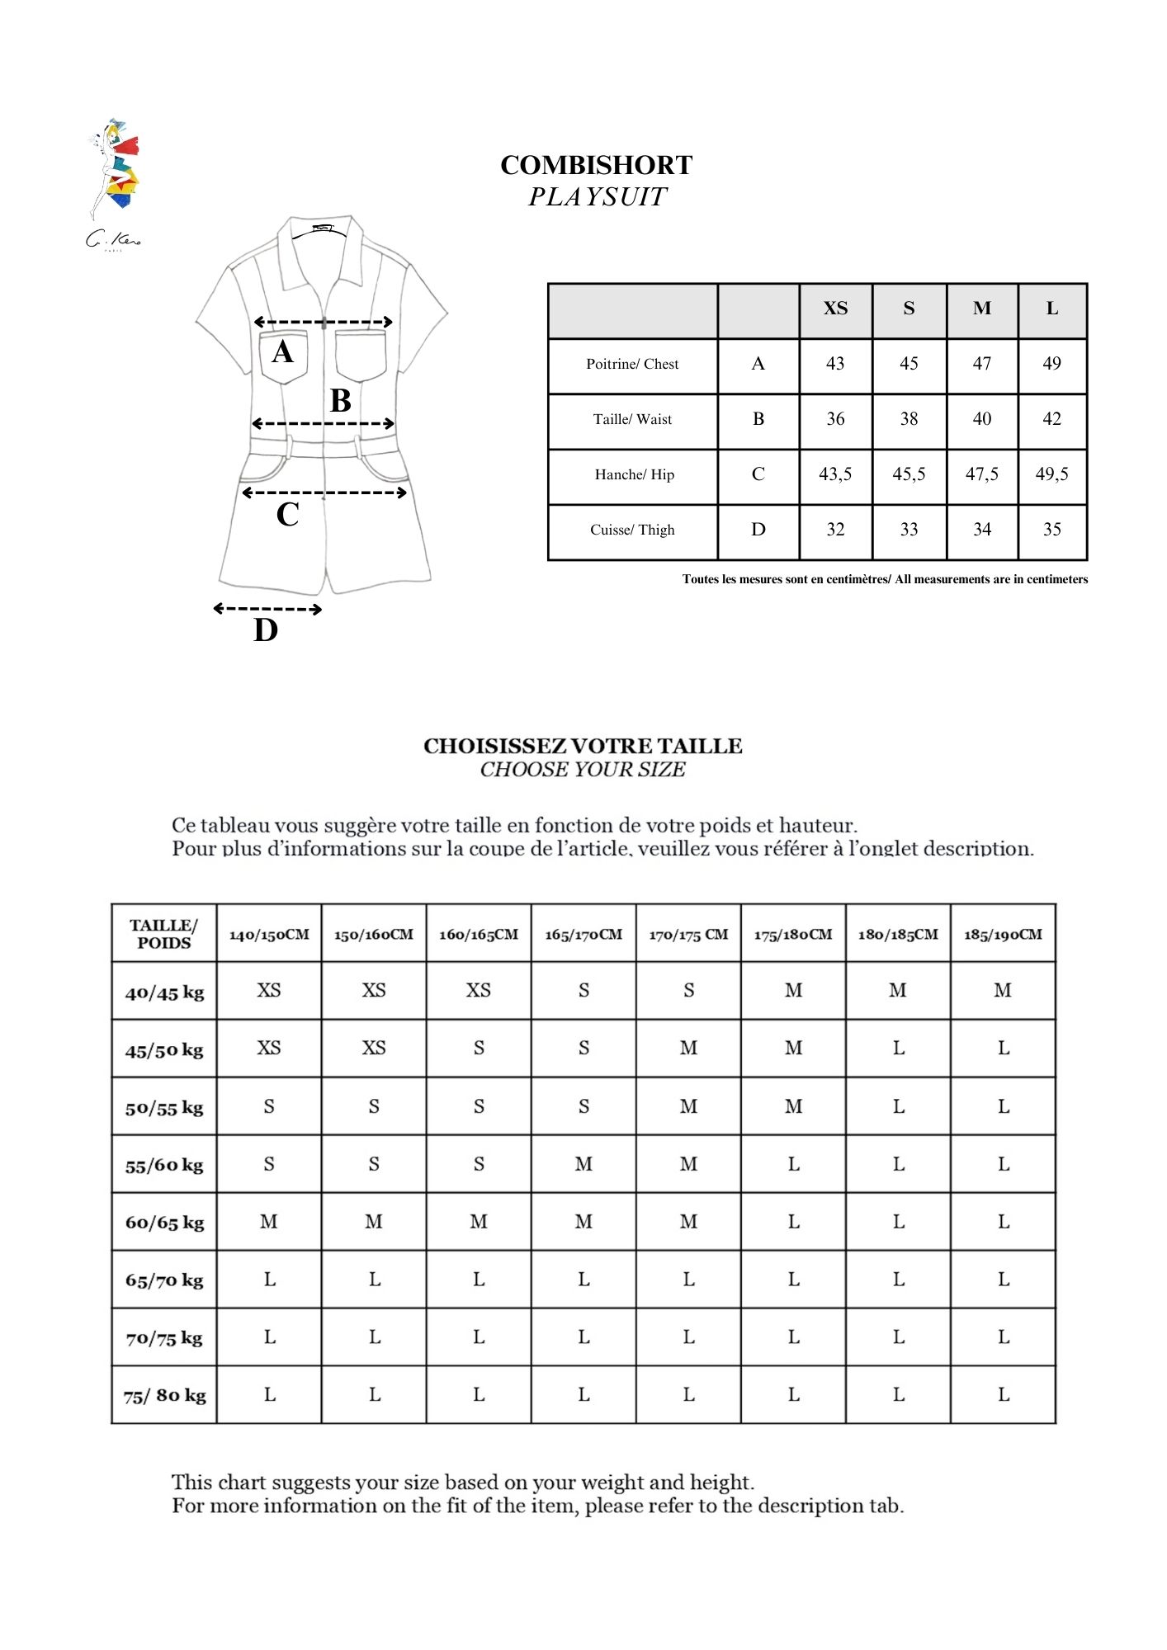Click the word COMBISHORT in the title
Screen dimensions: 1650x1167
[596, 166]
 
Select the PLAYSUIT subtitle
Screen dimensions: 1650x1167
[597, 197]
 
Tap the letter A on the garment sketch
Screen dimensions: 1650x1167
[282, 352]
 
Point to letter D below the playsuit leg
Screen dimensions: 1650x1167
[265, 630]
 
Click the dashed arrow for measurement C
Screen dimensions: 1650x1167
[324, 493]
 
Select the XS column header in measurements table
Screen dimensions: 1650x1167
[835, 309]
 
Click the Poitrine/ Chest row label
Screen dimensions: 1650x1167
[632, 364]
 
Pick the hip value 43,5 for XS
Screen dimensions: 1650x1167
[835, 474]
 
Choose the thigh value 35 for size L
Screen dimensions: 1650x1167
[1051, 530]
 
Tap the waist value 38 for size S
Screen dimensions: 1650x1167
[909, 419]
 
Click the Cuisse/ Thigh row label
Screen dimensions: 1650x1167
[632, 530]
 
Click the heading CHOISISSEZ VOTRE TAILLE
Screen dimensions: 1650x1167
[583, 747]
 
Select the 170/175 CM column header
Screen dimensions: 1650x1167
[688, 935]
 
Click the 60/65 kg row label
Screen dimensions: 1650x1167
[164, 1223]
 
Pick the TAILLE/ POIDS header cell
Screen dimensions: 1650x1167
[164, 934]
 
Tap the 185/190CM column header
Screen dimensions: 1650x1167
[1003, 935]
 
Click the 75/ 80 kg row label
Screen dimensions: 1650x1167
[164, 1396]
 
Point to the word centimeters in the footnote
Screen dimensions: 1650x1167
[1057, 579]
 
